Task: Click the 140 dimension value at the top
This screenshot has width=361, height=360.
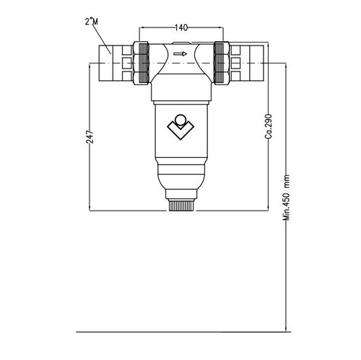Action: (181, 27)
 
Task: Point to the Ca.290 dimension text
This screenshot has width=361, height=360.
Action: (267, 126)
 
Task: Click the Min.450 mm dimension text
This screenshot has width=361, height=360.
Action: (287, 208)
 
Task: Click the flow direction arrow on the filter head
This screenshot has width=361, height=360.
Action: (180, 53)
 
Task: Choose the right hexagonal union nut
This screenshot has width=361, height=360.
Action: (219, 63)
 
